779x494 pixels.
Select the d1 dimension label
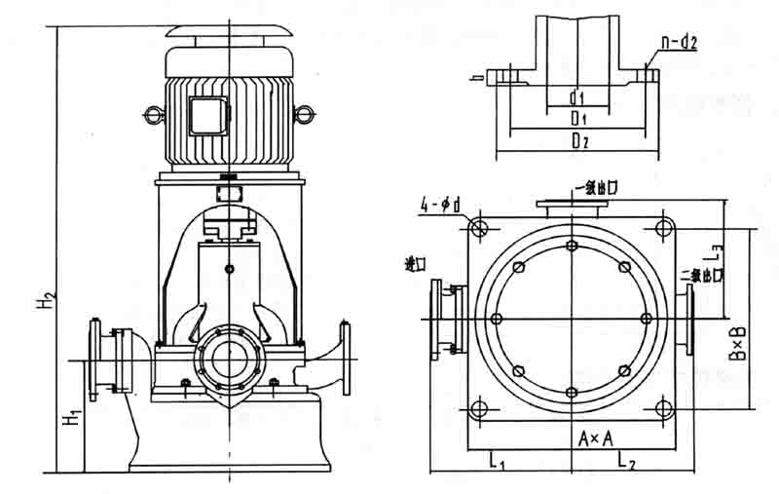[576, 97]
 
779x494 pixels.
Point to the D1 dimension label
[577, 118]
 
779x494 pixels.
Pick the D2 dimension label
[580, 142]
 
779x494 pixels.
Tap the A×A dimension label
[595, 439]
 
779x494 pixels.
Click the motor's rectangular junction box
[207, 116]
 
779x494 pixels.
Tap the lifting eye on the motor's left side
[153, 116]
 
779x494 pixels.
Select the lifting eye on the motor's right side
[304, 116]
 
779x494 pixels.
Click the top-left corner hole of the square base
[477, 228]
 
